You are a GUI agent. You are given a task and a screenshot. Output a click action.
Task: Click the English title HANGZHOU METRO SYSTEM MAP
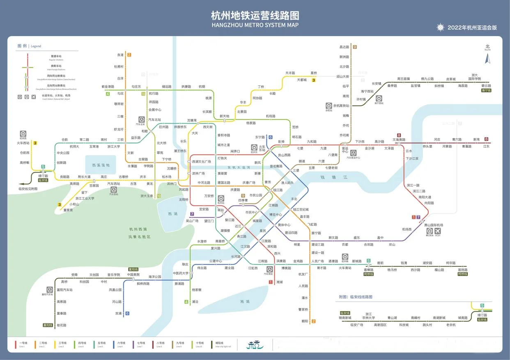point(255,25)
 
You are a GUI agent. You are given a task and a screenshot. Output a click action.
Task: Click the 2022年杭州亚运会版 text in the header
point(472,28)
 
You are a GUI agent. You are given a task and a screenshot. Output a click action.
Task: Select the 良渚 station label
point(120,55)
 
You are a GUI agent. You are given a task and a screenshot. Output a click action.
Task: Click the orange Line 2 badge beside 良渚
point(129,55)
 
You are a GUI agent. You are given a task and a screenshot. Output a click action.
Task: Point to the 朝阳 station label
point(304,321)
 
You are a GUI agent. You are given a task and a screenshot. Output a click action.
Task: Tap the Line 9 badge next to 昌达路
point(355,47)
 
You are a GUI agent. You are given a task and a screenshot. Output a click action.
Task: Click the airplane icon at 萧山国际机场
point(438,231)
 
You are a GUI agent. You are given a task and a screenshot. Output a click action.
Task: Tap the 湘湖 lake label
point(245,302)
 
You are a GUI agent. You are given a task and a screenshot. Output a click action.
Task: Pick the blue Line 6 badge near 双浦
point(127,313)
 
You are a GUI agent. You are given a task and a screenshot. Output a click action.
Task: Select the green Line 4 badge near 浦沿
point(186,302)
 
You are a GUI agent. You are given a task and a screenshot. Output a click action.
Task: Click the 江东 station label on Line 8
point(486,147)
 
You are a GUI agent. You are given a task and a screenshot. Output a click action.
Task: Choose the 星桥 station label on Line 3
point(314,73)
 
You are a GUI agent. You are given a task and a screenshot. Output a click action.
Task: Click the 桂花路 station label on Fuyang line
point(61,325)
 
